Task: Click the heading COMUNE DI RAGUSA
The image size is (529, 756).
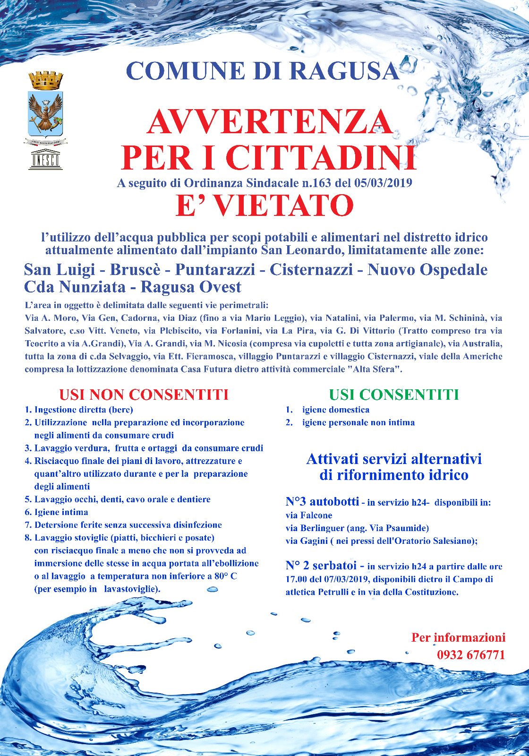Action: tap(263, 71)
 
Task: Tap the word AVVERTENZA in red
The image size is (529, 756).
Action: tap(269, 122)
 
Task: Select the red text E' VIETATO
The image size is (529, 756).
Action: tap(264, 206)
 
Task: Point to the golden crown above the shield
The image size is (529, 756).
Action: tap(46, 80)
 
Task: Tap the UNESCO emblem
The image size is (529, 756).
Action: tap(45, 160)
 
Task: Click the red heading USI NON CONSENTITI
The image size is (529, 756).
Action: tap(144, 395)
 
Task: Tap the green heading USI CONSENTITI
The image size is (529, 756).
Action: tap(393, 395)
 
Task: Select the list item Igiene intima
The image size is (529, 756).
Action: tap(61, 512)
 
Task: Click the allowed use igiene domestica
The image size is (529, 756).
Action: tap(336, 410)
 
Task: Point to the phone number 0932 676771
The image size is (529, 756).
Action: tap(471, 655)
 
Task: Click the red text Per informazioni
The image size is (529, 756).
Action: tap(458, 637)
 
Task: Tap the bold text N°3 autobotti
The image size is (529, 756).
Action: tap(322, 501)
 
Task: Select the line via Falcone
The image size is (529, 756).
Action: tap(309, 515)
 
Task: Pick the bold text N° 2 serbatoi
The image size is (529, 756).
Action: tap(324, 565)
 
